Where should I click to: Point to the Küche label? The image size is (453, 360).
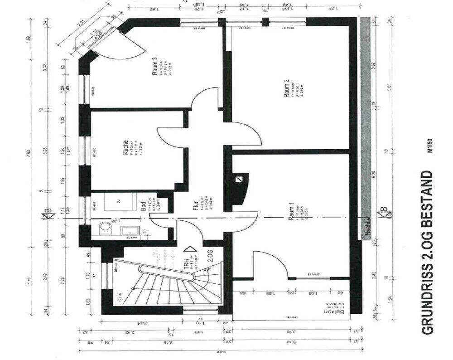125,148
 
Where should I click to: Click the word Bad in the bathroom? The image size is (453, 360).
143,207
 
